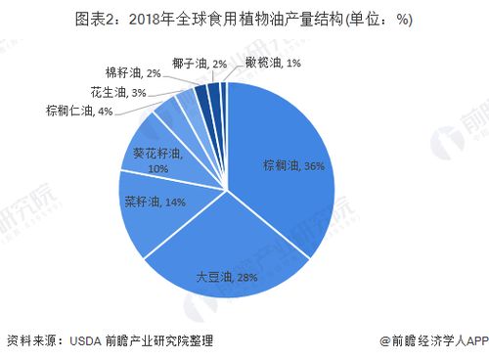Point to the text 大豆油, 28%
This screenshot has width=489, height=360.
(227, 277)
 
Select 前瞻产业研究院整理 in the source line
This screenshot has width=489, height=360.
(159, 340)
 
